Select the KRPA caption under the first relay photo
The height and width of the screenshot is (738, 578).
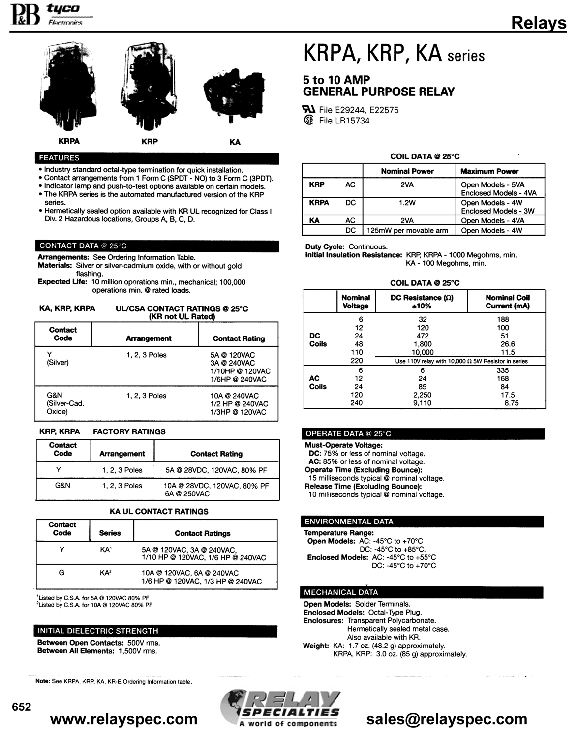click(69, 141)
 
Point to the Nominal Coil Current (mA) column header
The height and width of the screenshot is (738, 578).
click(507, 302)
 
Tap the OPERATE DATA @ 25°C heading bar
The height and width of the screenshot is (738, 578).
click(423, 434)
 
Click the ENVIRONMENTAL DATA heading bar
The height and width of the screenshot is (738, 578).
click(423, 522)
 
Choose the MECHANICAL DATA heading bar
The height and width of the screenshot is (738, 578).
click(423, 592)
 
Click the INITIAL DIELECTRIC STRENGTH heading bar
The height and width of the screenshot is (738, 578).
click(156, 631)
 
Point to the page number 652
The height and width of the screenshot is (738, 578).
click(22, 707)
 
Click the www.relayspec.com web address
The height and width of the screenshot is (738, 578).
click(124, 719)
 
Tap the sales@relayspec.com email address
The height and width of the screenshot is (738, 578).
click(447, 719)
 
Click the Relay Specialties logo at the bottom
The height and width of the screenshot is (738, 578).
click(280, 708)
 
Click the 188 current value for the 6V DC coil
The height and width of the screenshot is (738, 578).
click(503, 319)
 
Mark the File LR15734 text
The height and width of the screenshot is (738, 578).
click(344, 121)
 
